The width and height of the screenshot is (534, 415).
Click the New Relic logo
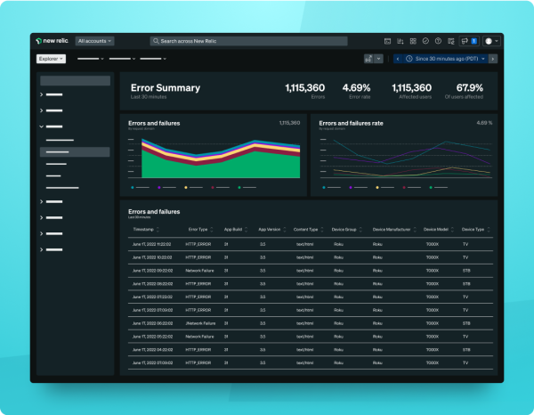click(x=53, y=41)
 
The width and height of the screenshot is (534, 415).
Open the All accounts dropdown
click(x=94, y=41)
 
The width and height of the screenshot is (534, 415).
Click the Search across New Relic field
click(x=248, y=41)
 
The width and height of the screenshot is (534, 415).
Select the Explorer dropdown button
click(x=51, y=59)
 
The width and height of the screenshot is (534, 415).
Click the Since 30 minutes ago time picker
click(x=445, y=59)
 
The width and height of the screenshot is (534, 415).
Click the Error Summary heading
click(x=165, y=88)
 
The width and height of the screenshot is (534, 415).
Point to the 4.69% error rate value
click(x=356, y=88)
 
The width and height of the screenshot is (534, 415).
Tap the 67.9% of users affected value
click(x=470, y=88)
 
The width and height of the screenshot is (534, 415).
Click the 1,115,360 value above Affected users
click(x=412, y=88)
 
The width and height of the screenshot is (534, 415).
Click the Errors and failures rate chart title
click(x=351, y=124)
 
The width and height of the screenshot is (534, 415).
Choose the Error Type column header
click(x=198, y=230)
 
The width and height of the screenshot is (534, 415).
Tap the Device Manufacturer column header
click(x=392, y=230)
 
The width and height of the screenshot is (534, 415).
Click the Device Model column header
click(x=436, y=230)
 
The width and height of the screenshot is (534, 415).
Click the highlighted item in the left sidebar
click(x=76, y=152)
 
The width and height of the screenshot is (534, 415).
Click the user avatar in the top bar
click(x=489, y=41)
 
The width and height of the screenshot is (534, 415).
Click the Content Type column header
click(x=306, y=230)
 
